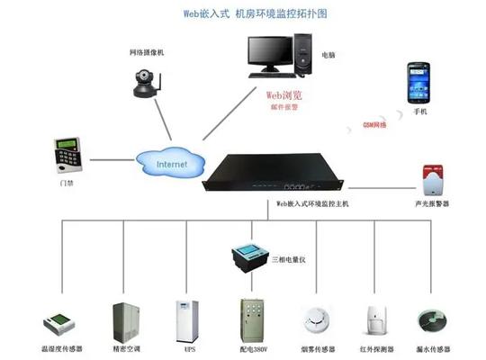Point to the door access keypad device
point(64,154)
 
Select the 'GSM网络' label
point(373,125)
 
